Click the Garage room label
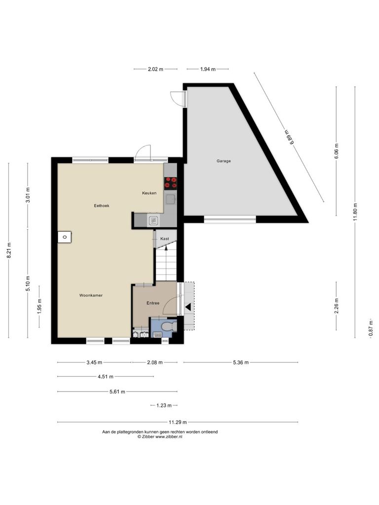[224, 161]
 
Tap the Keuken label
[149, 193]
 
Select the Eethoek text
[102, 206]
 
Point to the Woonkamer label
[91, 295]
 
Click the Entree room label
[153, 303]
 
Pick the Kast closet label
[165, 239]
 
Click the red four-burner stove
[170, 182]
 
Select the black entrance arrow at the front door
[188, 307]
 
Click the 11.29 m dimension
[178, 422]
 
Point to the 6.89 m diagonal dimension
[289, 137]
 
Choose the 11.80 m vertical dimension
[355, 212]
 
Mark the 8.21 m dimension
[9, 250]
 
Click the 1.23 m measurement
[164, 405]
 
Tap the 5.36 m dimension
[241, 362]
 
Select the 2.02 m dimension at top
[155, 69]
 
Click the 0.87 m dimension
[371, 328]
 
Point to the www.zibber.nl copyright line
[160, 437]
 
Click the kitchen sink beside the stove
[170, 199]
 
